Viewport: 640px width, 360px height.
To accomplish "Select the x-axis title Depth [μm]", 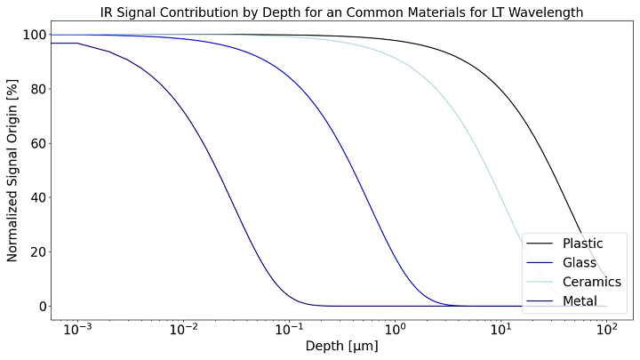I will (341, 346).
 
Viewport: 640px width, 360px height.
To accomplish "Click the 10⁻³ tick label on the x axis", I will (77, 329).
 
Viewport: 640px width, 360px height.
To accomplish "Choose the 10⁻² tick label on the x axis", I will (183, 329).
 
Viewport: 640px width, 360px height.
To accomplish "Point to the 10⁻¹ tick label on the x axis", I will (289, 329).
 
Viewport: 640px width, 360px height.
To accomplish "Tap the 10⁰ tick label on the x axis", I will (395, 329).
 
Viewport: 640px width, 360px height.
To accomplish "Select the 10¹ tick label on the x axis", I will (500, 329).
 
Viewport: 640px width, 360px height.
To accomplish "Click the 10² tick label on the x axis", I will (606, 329).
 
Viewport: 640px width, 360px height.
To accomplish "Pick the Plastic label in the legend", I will (582, 244).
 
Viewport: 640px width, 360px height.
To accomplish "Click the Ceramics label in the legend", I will (591, 283).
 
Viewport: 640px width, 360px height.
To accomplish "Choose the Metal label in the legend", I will (580, 302).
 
